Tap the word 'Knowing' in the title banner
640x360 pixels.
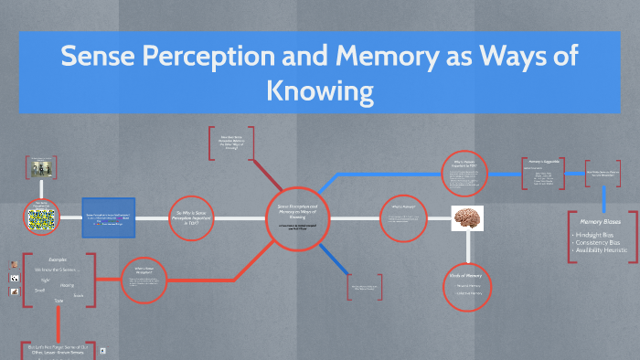[x=319, y=91]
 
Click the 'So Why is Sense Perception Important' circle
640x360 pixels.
[x=195, y=218]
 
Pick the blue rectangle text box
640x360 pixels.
[x=110, y=218]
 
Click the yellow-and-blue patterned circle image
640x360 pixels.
[x=41, y=219]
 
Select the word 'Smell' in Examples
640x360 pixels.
[x=41, y=291]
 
